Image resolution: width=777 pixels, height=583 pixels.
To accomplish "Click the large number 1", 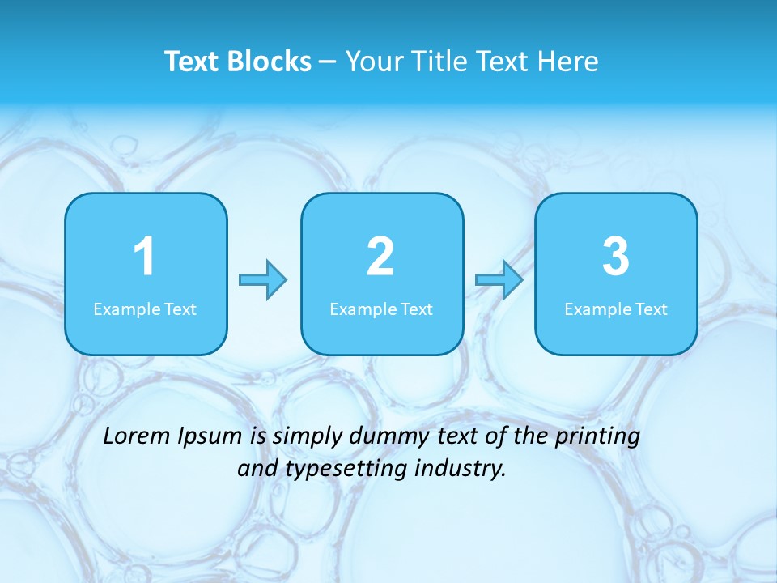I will click(145, 257).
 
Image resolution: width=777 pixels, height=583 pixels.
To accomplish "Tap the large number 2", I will click(380, 257).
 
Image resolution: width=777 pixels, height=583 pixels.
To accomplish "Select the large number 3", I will click(616, 257).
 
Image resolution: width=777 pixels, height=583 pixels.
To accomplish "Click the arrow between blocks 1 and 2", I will click(263, 280).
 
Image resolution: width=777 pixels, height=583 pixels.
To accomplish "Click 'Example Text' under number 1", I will click(145, 309).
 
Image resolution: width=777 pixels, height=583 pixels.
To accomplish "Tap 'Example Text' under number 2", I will click(381, 309).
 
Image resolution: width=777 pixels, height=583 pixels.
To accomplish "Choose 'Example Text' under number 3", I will click(616, 309).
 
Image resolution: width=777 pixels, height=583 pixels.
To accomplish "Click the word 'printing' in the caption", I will click(597, 437).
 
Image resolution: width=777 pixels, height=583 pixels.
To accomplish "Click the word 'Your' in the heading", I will click(375, 62).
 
